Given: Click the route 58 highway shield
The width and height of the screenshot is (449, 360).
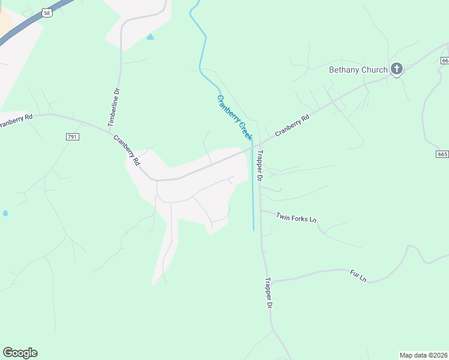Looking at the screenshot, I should click(47, 13).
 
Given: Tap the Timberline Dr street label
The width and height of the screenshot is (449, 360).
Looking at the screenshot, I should click(114, 107).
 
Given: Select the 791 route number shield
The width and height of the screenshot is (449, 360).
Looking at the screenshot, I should click(73, 137).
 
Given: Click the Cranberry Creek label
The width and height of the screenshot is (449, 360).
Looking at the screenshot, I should click(234, 118).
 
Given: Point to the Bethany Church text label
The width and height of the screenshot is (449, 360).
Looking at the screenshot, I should click(358, 70).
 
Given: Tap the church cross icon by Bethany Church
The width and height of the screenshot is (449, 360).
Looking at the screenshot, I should click(396, 69).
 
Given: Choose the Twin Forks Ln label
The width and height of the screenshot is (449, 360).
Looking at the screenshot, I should click(296, 217).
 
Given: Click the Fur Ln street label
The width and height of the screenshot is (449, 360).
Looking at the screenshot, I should click(358, 276).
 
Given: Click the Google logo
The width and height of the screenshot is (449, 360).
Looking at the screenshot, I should click(20, 353).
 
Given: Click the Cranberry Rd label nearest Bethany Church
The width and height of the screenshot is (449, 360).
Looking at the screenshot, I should click(292, 125).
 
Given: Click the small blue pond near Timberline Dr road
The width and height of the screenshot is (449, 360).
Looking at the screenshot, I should click(149, 37).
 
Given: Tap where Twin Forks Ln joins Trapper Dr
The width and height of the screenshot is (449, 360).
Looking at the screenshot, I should click(261, 210).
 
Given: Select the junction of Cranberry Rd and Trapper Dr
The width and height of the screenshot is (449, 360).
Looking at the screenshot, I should click(255, 146).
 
